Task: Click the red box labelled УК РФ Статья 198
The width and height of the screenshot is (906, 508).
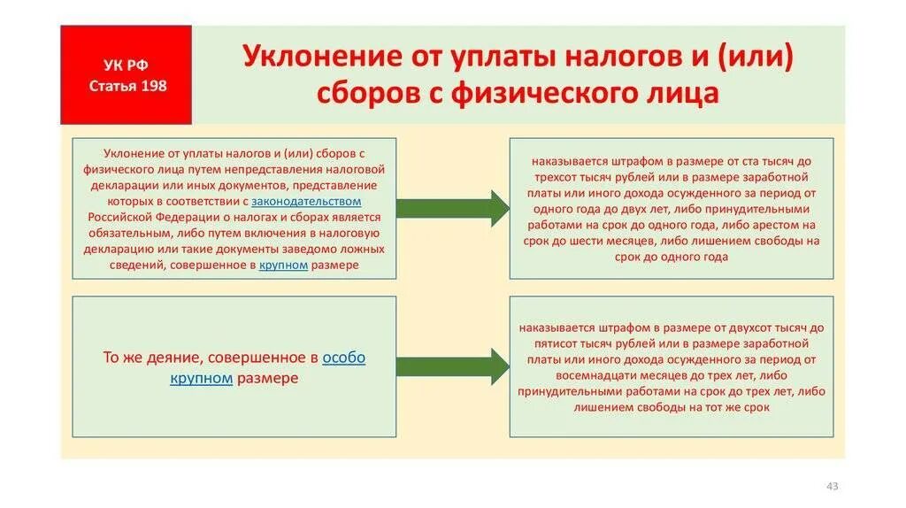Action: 126,74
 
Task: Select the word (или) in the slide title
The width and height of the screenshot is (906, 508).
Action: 756,58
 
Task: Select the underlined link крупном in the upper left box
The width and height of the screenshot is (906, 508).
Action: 283,265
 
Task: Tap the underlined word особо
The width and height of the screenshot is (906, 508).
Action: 343,358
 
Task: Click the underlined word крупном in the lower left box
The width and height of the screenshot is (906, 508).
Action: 201,378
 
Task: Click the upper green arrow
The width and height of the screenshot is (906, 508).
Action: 452,208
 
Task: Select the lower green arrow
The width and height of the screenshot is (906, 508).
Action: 452,366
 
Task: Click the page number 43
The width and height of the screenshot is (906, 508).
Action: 831,486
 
